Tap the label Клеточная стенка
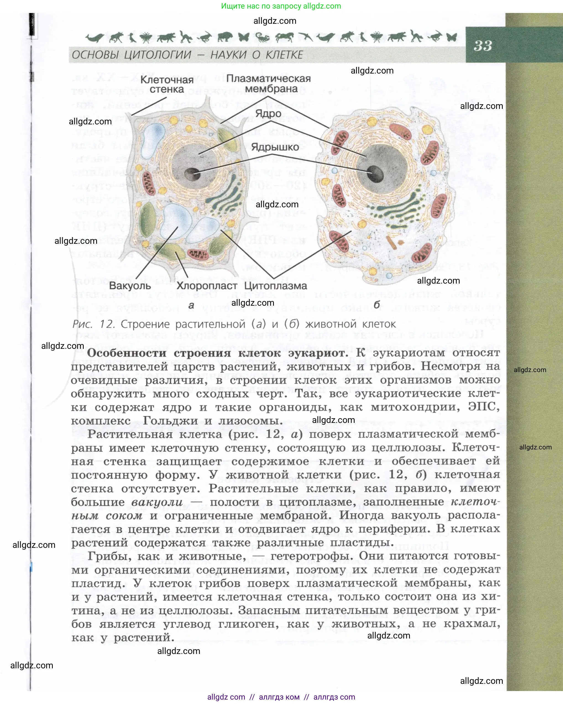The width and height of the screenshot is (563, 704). click(167, 85)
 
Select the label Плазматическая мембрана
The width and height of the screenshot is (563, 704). click(268, 83)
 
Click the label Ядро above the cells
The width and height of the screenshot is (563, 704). click(268, 114)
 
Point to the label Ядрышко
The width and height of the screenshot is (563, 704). click(275, 147)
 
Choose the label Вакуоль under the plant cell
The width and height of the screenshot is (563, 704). click(130, 286)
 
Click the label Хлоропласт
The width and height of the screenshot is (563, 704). click(207, 286)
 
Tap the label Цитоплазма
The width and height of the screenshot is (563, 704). click(275, 286)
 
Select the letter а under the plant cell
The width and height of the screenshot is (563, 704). click(191, 305)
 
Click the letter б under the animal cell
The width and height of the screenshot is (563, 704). click(376, 305)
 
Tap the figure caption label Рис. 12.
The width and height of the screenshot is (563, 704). click(93, 324)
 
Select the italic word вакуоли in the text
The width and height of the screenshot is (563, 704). click(157, 502)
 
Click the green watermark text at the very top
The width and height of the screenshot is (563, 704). click(281, 6)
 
